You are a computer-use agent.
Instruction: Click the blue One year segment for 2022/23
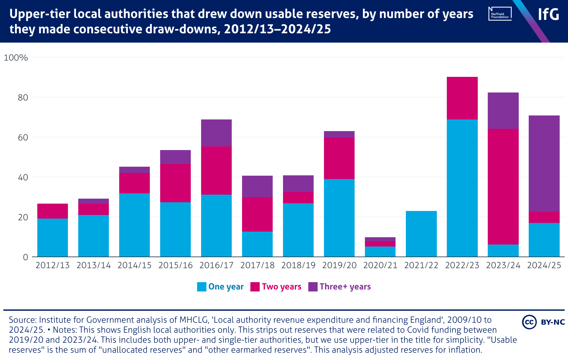[x=462, y=188]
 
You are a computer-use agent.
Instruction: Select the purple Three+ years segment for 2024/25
[x=544, y=163]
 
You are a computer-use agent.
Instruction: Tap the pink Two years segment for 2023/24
[x=503, y=187]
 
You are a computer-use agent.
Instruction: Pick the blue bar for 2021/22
[x=421, y=234]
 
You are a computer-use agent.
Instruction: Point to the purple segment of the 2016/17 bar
[x=216, y=133]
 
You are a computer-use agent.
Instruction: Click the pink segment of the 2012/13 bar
[x=53, y=211]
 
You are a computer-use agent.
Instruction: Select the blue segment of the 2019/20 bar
[x=339, y=218]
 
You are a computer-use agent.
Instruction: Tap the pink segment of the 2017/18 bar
[x=257, y=214]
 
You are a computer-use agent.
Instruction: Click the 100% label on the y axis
[x=16, y=58]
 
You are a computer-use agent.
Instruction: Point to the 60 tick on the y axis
[x=23, y=137]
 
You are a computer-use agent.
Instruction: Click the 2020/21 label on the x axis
[x=380, y=265]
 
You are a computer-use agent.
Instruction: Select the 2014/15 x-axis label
[x=135, y=265]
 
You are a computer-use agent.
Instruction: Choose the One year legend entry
[x=220, y=287]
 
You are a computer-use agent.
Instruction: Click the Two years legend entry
[x=276, y=287]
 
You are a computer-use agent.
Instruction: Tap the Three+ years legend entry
[x=340, y=287]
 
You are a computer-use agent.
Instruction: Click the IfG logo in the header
[x=548, y=14]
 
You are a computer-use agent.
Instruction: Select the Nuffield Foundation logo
[x=500, y=14]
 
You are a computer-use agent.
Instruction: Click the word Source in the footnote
[x=23, y=320]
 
